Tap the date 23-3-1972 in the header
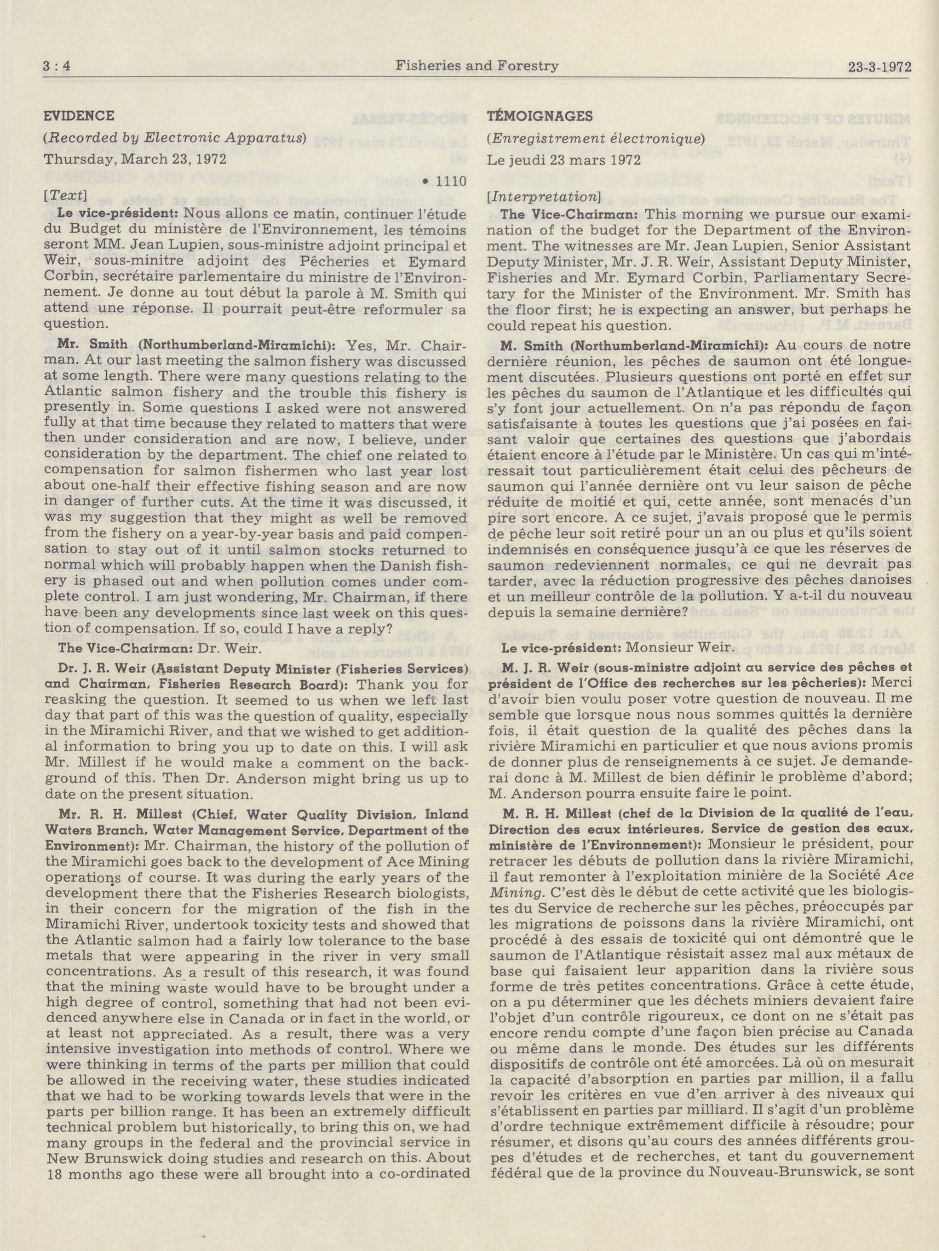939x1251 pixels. (880, 67)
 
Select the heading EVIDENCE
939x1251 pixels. (79, 116)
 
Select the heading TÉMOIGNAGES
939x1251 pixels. (540, 116)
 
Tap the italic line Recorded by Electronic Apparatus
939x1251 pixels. (176, 138)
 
